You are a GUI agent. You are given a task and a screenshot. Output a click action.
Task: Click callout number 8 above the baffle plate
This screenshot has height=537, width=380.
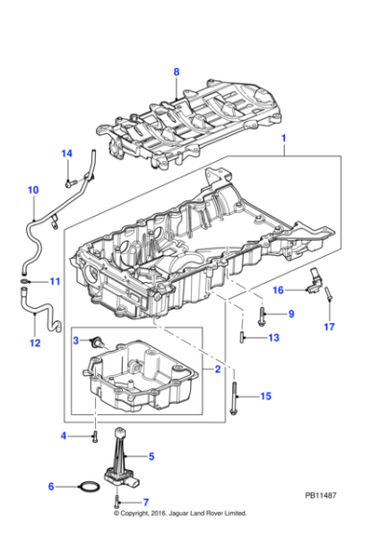(176, 72)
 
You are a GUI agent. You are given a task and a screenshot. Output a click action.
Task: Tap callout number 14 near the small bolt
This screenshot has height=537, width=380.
(66, 153)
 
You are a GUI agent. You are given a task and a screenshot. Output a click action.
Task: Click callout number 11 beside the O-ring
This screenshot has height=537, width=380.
(54, 282)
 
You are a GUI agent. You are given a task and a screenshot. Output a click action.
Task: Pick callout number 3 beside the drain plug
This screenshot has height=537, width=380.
(75, 340)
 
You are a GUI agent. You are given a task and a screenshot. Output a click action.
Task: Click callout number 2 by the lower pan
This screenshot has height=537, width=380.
(217, 368)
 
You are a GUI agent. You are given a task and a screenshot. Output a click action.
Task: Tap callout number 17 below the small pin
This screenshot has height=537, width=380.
(328, 326)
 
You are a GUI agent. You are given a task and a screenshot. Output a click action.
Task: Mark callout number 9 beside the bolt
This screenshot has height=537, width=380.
(291, 314)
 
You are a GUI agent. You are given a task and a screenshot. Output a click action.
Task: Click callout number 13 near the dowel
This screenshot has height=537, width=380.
(273, 338)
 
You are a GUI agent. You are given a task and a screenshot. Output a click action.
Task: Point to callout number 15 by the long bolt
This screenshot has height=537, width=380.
(266, 396)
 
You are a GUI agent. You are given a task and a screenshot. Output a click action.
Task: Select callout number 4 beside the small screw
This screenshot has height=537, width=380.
(65, 436)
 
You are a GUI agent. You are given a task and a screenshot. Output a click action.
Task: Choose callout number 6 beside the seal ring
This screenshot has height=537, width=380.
(65, 487)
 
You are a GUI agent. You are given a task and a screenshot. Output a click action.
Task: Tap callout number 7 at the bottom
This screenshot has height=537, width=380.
(147, 502)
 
